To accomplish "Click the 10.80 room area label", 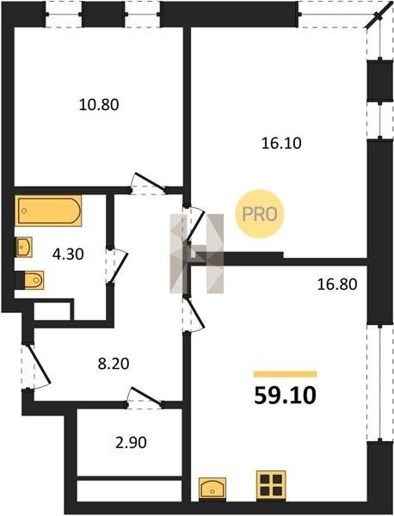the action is (x=99, y=105).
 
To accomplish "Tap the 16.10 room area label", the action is (x=281, y=144).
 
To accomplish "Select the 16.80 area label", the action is (x=337, y=285).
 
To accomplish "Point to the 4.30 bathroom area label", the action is (x=68, y=255).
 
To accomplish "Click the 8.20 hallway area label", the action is (x=114, y=364).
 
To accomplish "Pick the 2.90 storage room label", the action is (x=131, y=443).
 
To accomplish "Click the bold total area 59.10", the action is (x=285, y=396).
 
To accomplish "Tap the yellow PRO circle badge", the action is (x=260, y=214).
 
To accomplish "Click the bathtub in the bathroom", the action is (x=48, y=211).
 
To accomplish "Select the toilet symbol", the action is (x=29, y=280).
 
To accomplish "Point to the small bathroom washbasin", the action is (x=24, y=247).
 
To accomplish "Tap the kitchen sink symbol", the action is (x=212, y=488).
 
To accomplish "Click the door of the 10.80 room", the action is (x=149, y=183).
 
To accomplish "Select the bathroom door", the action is (x=117, y=265).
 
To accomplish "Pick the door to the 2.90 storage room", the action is (x=145, y=397).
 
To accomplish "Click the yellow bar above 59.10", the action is (x=285, y=374).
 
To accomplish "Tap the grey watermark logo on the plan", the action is (x=196, y=254).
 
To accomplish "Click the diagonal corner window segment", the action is (x=375, y=18).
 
